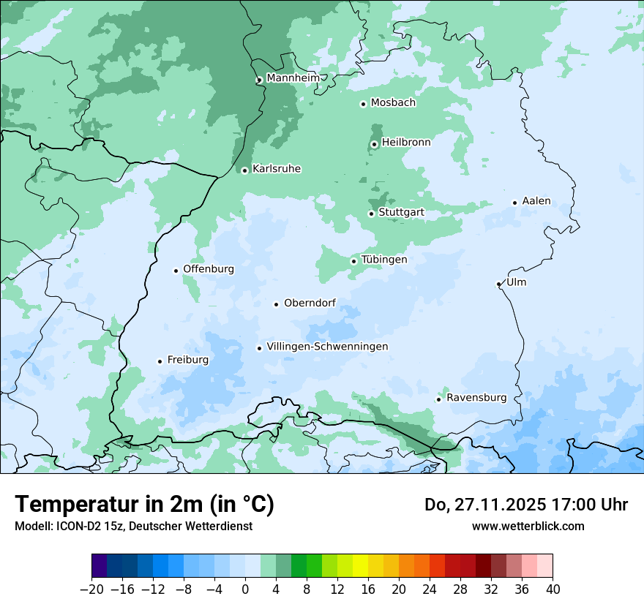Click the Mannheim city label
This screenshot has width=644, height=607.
(293, 78)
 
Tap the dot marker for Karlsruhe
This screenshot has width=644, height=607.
(245, 170)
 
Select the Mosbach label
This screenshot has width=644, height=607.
(393, 103)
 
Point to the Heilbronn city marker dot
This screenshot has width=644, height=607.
(374, 144)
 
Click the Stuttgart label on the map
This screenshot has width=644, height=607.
(401, 213)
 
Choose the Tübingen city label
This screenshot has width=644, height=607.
(384, 260)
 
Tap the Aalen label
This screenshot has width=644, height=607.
(536, 201)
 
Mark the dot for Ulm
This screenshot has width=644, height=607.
(499, 284)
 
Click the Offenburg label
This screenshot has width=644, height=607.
(209, 269)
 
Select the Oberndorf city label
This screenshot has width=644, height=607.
(310, 303)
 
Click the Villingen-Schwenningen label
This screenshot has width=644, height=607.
(327, 347)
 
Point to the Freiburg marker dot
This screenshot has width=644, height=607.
(160, 361)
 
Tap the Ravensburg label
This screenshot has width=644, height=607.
(476, 398)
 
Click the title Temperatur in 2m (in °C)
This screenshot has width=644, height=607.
(144, 505)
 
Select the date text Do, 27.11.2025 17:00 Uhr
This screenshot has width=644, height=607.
(526, 505)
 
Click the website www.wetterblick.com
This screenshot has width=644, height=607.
(528, 526)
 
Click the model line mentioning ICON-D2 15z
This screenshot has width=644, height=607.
(133, 526)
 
